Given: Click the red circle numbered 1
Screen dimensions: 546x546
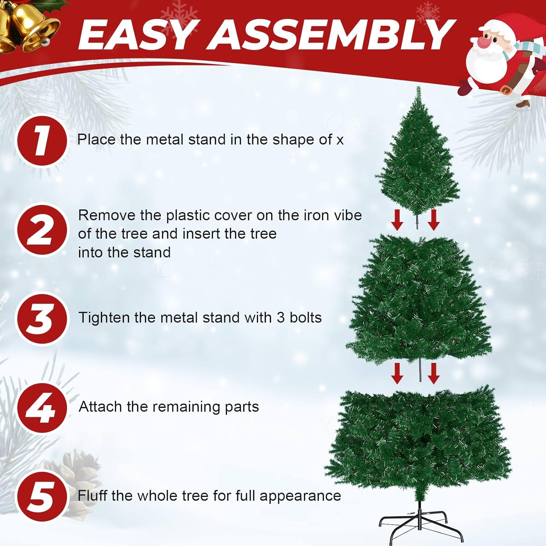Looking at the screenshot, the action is [x=42, y=141].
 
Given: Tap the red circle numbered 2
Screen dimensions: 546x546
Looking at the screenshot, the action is [x=42, y=230].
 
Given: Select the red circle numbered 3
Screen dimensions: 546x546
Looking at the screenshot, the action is [x=42, y=319].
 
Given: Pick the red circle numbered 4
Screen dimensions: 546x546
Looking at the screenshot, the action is [x=42, y=408].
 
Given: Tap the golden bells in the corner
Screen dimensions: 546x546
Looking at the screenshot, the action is [x=27, y=25].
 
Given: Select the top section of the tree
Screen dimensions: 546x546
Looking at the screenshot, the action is [x=418, y=153].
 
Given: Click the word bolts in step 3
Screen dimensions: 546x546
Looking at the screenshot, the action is [x=305, y=318].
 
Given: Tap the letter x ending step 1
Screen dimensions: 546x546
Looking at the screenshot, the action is [x=340, y=141].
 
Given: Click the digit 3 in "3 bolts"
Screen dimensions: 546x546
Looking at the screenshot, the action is [x=280, y=318].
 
